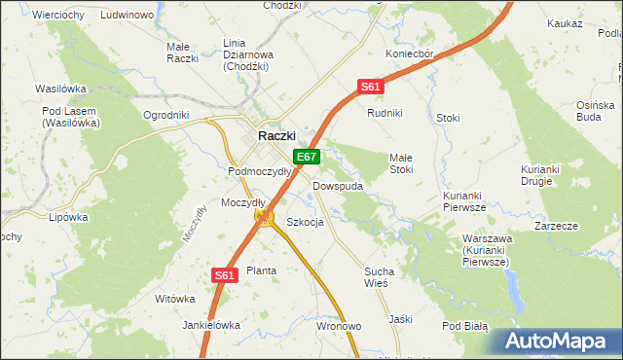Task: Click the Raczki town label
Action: coord(276,137)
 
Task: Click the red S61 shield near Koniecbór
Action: coord(370,87)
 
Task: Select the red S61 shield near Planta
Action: coord(225,275)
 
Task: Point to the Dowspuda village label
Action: coord(338,185)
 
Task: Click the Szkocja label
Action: coord(305,222)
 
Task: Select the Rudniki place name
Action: coord(385,113)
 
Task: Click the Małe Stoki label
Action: coord(402,162)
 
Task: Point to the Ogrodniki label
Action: coord(165,114)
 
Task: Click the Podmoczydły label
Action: coord(260,171)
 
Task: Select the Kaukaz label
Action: coord(565,21)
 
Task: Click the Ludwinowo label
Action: coord(128,16)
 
